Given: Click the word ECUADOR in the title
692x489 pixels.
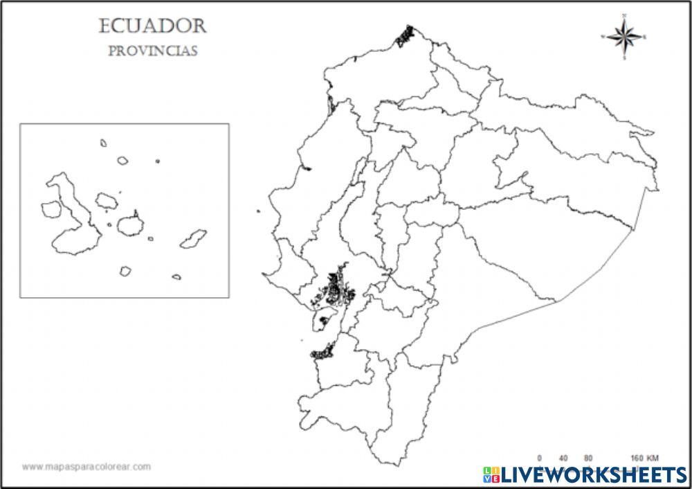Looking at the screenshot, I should coord(153,26).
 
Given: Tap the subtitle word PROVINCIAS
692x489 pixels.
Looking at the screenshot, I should coord(153,51).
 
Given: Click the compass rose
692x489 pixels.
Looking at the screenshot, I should coord(624,36).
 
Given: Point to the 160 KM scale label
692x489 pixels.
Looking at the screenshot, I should coord(644,458).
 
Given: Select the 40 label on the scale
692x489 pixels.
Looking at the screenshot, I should coord(563,458).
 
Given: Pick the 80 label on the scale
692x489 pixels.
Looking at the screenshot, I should coord(588,458).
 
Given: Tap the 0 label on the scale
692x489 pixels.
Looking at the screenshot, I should coord(540,458).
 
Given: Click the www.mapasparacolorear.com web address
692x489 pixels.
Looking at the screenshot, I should coord(86,467).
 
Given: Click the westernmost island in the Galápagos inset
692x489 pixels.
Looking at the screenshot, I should coord(51,208).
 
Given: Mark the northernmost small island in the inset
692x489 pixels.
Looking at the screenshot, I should coord(103,143).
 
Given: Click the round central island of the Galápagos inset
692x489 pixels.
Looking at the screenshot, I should coord(129,225).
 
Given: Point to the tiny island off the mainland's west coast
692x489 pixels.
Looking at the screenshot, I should coord(258,212).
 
